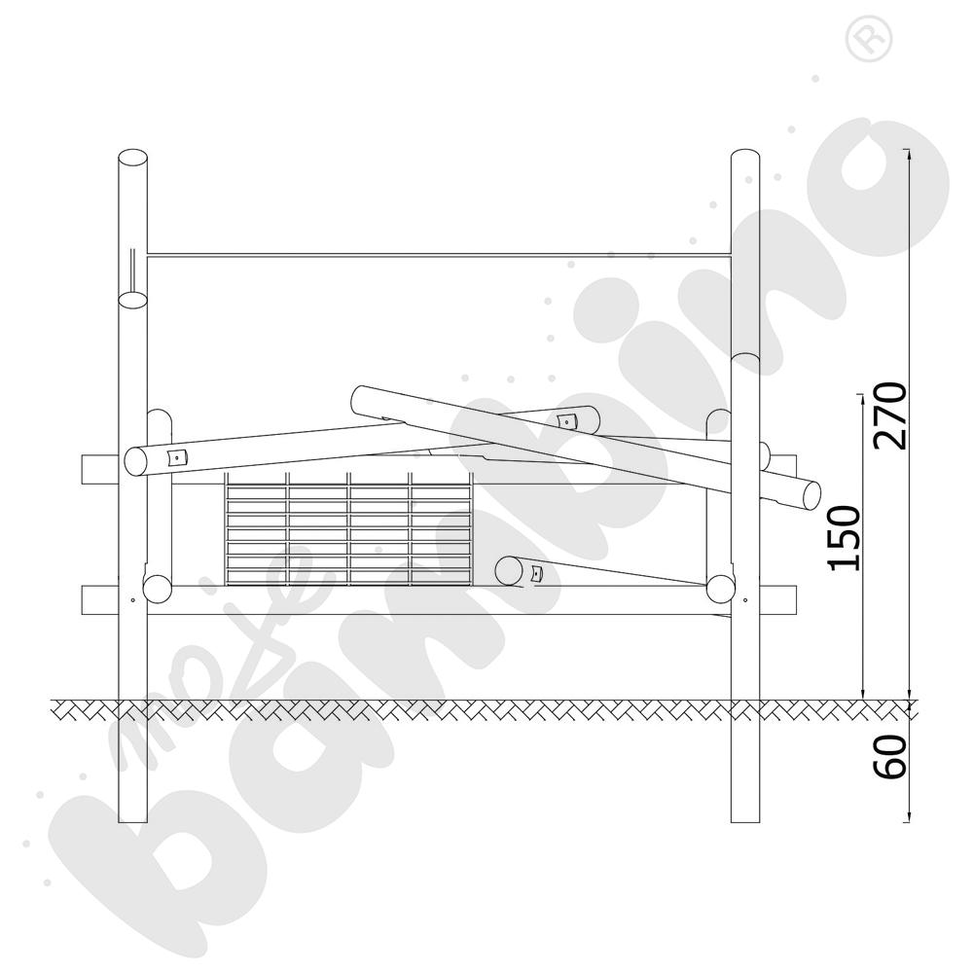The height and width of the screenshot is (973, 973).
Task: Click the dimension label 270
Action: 890,415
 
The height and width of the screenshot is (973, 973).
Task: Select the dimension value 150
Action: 845,537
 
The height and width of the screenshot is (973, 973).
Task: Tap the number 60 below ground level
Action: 890,756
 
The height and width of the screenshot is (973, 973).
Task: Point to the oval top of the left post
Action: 132,158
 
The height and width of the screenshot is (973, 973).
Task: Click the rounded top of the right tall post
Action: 744,158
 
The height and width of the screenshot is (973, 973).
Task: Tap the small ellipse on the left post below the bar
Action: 132,299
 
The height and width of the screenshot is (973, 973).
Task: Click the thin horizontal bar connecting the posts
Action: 439,254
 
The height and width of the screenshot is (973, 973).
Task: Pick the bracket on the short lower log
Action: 536,574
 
